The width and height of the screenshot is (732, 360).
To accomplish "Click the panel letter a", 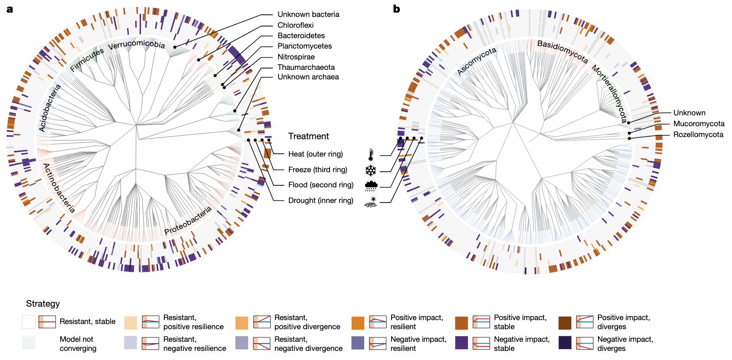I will pos(10,9).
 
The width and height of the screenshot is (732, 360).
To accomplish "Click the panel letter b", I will pos(396,9).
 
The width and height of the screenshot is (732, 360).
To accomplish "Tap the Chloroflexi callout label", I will pos(295,25).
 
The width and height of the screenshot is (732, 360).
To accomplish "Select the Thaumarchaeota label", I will pos(306,67).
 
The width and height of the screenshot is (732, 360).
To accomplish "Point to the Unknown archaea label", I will pos(308,77).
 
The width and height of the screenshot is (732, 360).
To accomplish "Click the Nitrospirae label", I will pos(296,57).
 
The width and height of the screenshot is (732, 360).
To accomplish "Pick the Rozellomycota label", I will pos(698,134).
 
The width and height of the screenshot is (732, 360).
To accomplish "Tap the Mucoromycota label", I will pos(699,124).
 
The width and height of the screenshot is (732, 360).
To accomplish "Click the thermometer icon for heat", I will pos(371,155).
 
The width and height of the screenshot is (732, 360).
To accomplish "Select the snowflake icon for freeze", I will pos(371,170).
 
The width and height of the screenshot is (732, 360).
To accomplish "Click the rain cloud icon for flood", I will pos(371,186).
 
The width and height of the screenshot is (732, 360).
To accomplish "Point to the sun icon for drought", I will pos(371,202).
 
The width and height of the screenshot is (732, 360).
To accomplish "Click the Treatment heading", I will pos(308,136).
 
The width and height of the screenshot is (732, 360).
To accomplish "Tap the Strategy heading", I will pos(42,304).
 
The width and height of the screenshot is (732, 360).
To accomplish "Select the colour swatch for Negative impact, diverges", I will pos(565,343).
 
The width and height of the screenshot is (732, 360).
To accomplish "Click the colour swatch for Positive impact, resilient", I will pos(358,323).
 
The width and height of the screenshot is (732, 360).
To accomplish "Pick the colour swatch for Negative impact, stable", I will pos(461,343).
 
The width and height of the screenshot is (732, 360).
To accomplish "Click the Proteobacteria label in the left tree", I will pos(188,221).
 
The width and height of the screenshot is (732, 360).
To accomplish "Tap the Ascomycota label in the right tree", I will pos(477,61).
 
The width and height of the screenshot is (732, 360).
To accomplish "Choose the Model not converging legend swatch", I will pos(29,343).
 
